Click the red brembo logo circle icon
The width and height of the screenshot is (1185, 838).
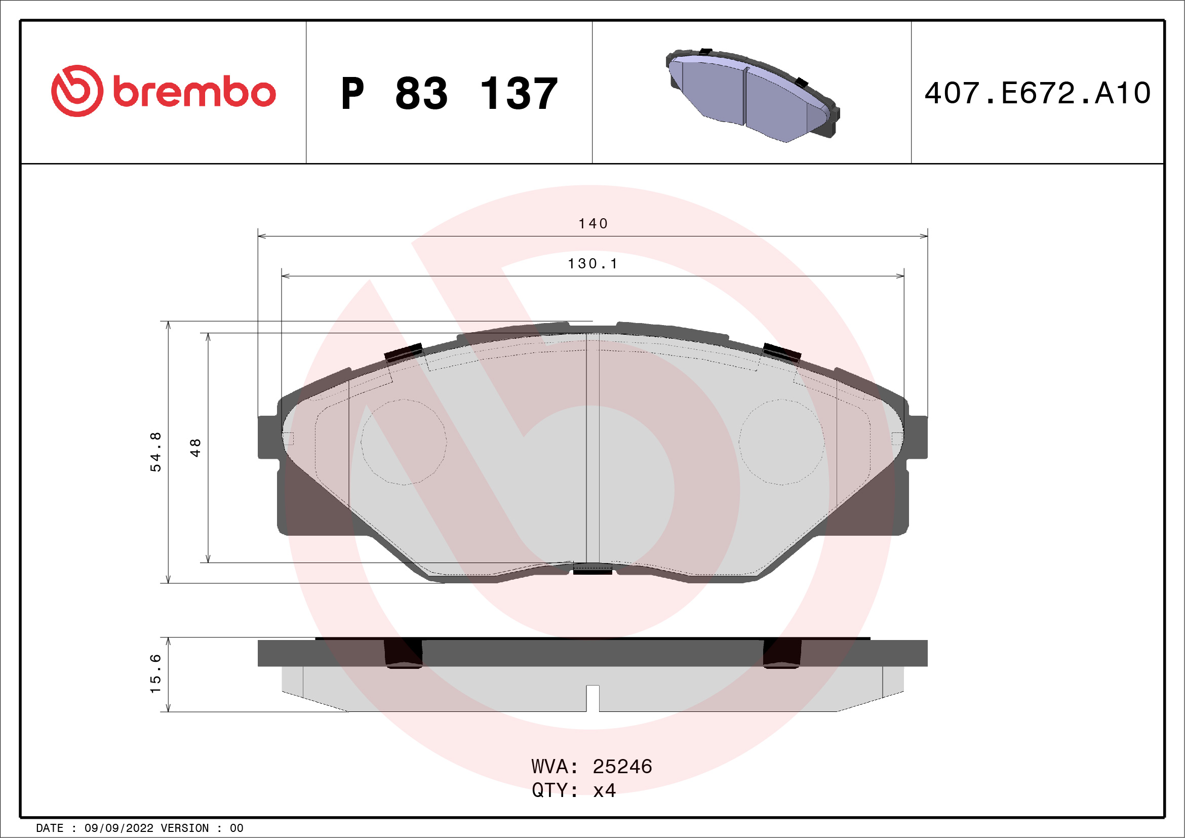click(77, 91)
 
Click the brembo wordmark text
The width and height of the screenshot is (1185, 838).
click(194, 92)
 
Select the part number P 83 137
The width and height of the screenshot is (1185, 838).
click(449, 93)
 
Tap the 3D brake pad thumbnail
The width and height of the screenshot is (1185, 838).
click(753, 96)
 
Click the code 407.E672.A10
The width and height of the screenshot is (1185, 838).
click(1038, 93)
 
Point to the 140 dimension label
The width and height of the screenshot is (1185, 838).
click(593, 223)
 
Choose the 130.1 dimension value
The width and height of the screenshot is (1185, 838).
click(592, 264)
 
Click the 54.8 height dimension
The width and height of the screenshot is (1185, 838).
click(155, 452)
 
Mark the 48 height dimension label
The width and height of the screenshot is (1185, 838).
click(195, 448)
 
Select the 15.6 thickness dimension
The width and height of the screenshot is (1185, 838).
click(155, 674)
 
